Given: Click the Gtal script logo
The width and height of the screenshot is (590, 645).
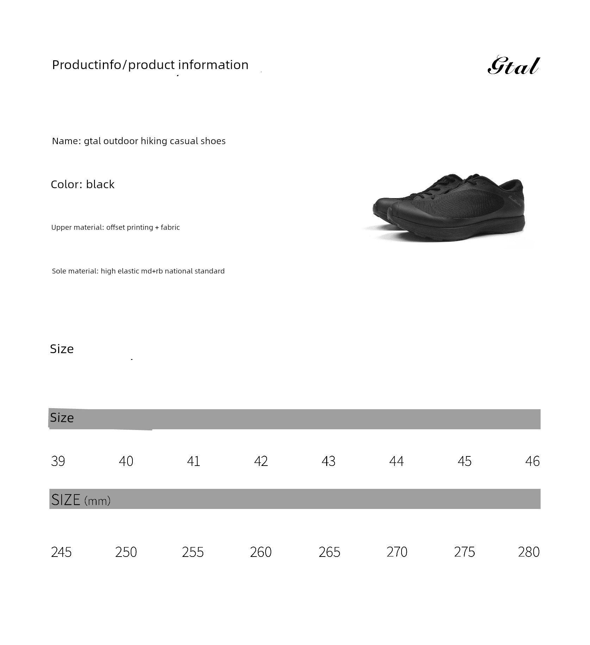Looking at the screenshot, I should pyautogui.click(x=513, y=66).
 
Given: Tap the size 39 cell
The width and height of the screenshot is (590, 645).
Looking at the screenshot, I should pyautogui.click(x=58, y=461).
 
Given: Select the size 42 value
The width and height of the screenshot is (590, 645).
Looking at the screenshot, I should pyautogui.click(x=261, y=461).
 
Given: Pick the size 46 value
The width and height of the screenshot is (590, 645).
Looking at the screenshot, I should pyautogui.click(x=532, y=461).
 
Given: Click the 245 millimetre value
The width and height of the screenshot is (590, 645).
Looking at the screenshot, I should pyautogui.click(x=61, y=552).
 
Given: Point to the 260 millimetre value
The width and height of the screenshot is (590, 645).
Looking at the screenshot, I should pyautogui.click(x=261, y=552).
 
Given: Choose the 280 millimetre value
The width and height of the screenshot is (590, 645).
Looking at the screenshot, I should pyautogui.click(x=529, y=552).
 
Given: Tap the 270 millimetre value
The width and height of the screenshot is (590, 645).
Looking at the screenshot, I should pyautogui.click(x=397, y=552).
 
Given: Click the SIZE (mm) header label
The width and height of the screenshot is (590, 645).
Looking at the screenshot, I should pyautogui.click(x=81, y=500).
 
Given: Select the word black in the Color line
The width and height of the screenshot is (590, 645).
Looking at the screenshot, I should pyautogui.click(x=100, y=184).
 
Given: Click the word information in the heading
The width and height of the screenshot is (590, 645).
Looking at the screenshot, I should pyautogui.click(x=213, y=65).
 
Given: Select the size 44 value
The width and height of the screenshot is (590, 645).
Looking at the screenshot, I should pyautogui.click(x=396, y=461).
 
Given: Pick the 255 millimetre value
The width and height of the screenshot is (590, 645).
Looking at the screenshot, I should pyautogui.click(x=193, y=552).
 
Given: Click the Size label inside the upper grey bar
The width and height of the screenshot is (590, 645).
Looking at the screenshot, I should pyautogui.click(x=62, y=418).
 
